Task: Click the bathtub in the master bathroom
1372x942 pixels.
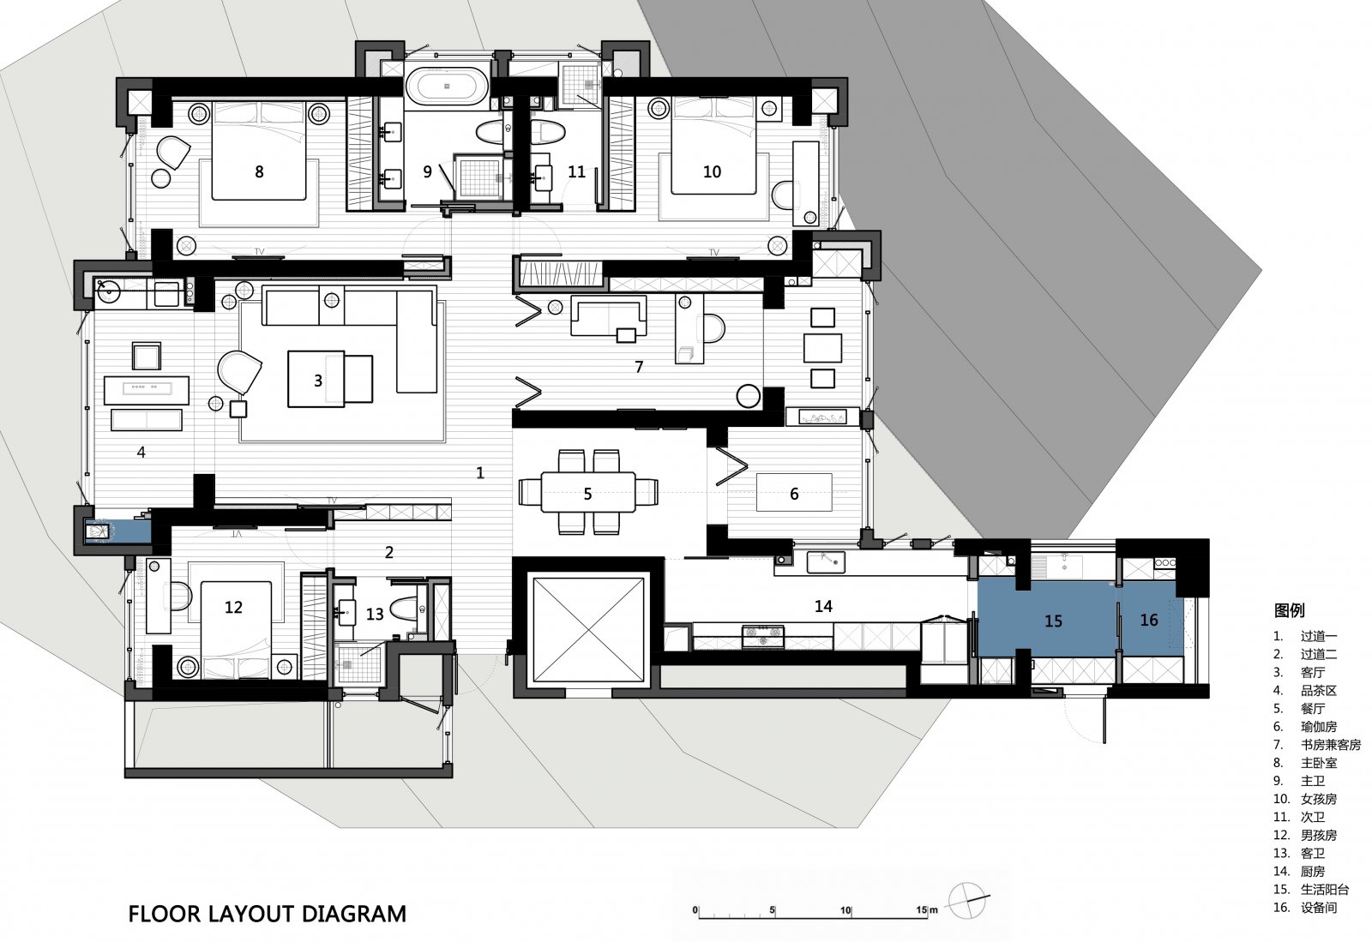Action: point(447,87)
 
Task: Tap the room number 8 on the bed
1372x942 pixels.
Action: point(259,172)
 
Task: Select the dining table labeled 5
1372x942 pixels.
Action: point(587,491)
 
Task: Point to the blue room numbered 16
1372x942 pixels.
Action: point(1148,620)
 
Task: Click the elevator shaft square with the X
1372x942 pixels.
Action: point(588,629)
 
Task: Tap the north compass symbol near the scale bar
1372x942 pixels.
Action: point(967,900)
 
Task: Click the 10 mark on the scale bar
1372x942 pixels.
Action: point(845,910)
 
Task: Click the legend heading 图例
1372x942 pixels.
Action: point(1289,610)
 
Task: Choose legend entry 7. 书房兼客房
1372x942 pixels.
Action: point(1317,744)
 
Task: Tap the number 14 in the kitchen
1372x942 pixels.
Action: point(823,606)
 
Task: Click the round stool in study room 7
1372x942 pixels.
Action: point(748,396)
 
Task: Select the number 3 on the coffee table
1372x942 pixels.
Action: point(318,381)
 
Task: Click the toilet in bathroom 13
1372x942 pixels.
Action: point(404,608)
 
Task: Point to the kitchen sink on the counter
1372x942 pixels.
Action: point(826,561)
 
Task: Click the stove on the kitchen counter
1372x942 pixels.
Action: point(762,636)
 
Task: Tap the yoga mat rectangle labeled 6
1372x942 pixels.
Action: point(794,492)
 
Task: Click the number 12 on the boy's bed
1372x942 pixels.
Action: point(233,607)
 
